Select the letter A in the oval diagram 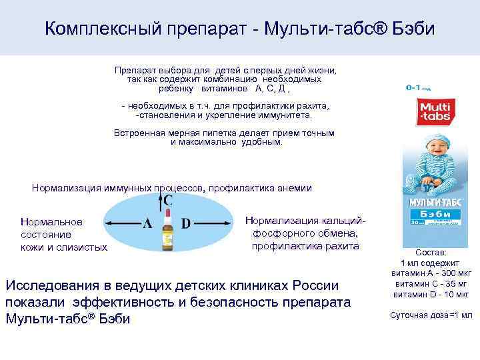point(147,223)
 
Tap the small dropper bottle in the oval point(167,233)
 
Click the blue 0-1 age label point(417,87)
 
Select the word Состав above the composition point(427,253)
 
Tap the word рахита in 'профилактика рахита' point(344,246)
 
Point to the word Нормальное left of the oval point(51,222)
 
